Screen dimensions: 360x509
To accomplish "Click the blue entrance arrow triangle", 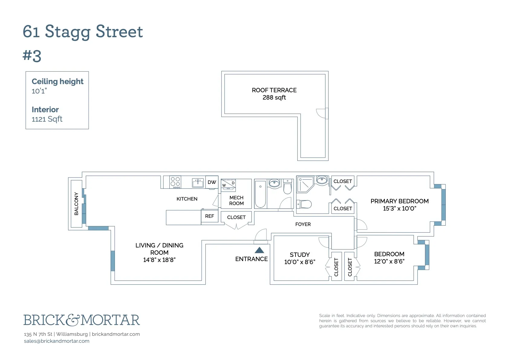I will [259, 250].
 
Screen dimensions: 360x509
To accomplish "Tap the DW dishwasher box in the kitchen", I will [212, 182].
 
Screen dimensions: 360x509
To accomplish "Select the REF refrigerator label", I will [209, 216].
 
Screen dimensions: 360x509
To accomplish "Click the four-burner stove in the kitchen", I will [175, 182].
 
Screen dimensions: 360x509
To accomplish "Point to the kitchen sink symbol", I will [198, 182].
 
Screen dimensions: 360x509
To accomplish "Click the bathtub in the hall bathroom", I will [260, 194].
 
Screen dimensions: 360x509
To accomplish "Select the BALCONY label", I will [76, 204].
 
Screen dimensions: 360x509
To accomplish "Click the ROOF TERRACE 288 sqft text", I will [274, 94].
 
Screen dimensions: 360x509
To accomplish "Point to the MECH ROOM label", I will [236, 200].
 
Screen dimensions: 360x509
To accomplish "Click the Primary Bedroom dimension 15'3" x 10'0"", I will [399, 208].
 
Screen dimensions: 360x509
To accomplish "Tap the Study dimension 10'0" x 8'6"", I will [299, 262].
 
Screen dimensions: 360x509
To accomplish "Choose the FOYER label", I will [303, 224].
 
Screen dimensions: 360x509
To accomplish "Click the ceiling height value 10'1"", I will [39, 91].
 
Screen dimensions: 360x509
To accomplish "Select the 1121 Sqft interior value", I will [47, 119].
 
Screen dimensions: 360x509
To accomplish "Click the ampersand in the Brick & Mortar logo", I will [73, 320].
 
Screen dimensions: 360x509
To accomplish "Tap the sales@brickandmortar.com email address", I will [57, 341].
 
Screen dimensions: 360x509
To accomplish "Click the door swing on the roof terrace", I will [321, 113].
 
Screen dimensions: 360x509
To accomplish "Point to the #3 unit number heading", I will [32, 56].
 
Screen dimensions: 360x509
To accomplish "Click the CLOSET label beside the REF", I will [236, 217].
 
